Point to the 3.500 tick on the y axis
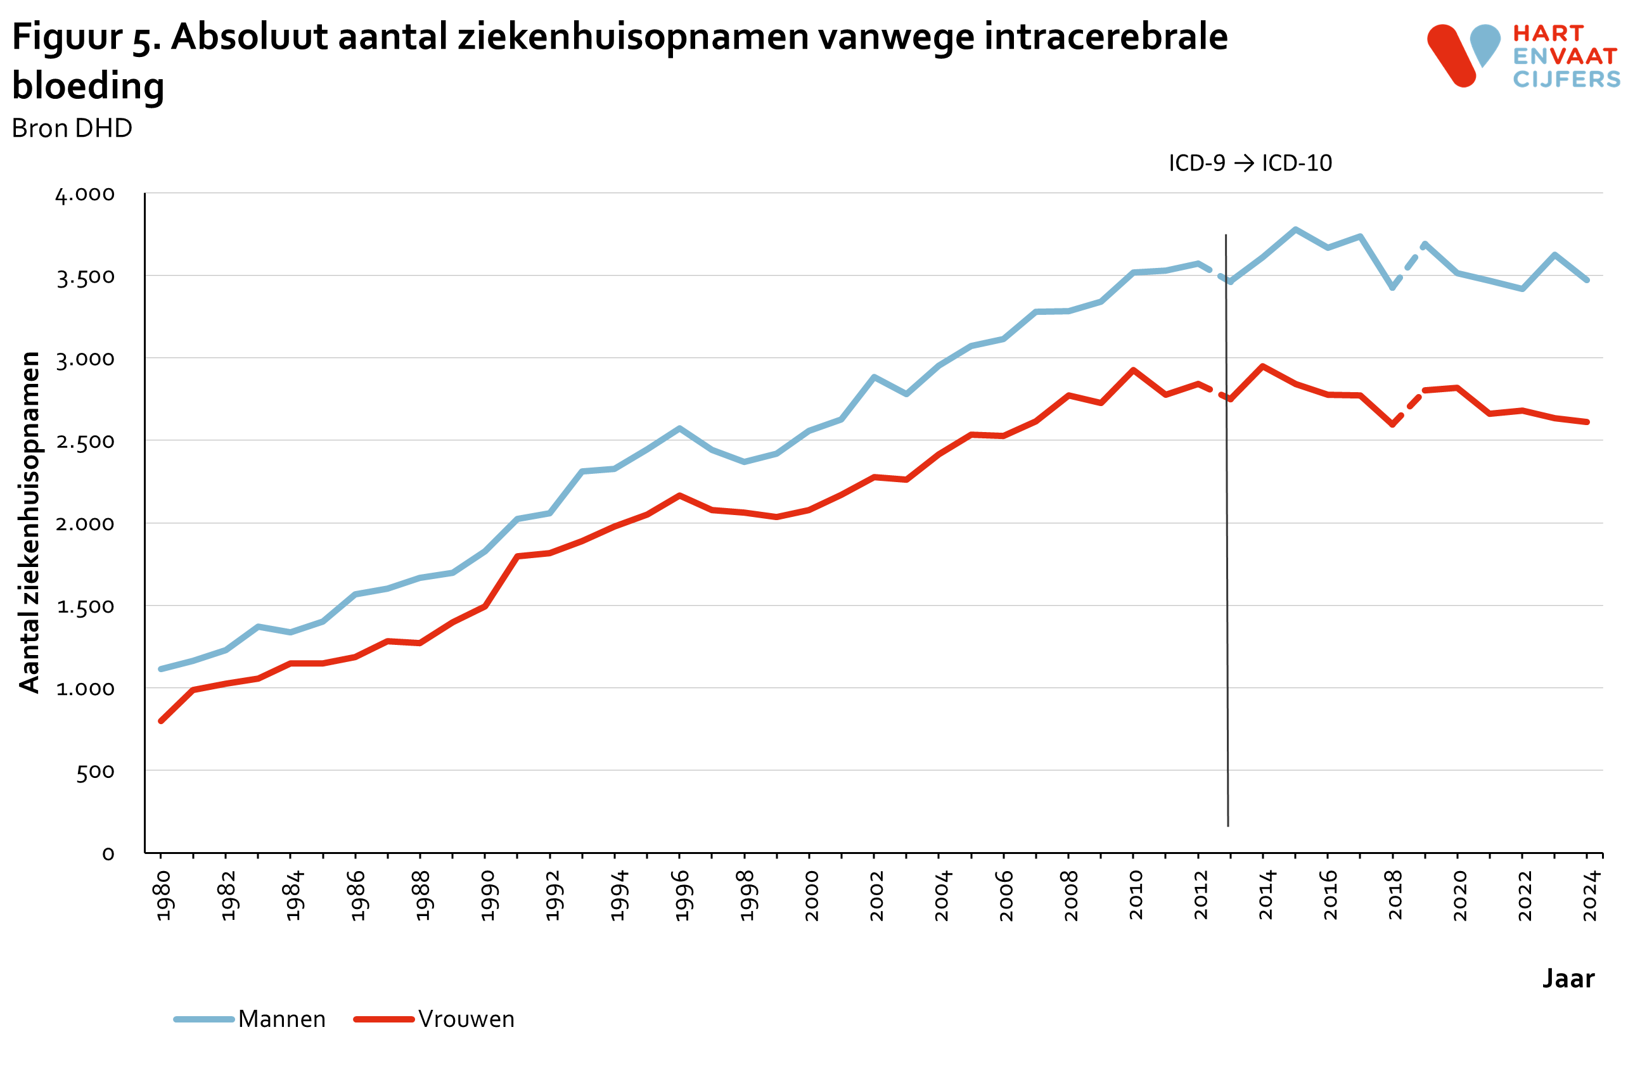click(x=85, y=277)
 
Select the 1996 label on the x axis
click(x=683, y=896)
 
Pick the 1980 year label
click(x=163, y=896)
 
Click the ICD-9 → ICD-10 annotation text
click(x=1250, y=163)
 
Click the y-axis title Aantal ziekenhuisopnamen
click(x=29, y=522)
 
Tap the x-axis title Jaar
click(x=1568, y=978)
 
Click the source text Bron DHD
click(x=72, y=129)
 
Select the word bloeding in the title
click(x=88, y=86)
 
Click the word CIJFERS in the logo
click(x=1566, y=80)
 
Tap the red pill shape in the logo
click(x=1451, y=55)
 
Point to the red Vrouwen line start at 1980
click(x=160, y=721)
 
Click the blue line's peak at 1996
click(x=679, y=428)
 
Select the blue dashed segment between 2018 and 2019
click(x=1408, y=266)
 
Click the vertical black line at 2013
click(x=1227, y=553)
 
